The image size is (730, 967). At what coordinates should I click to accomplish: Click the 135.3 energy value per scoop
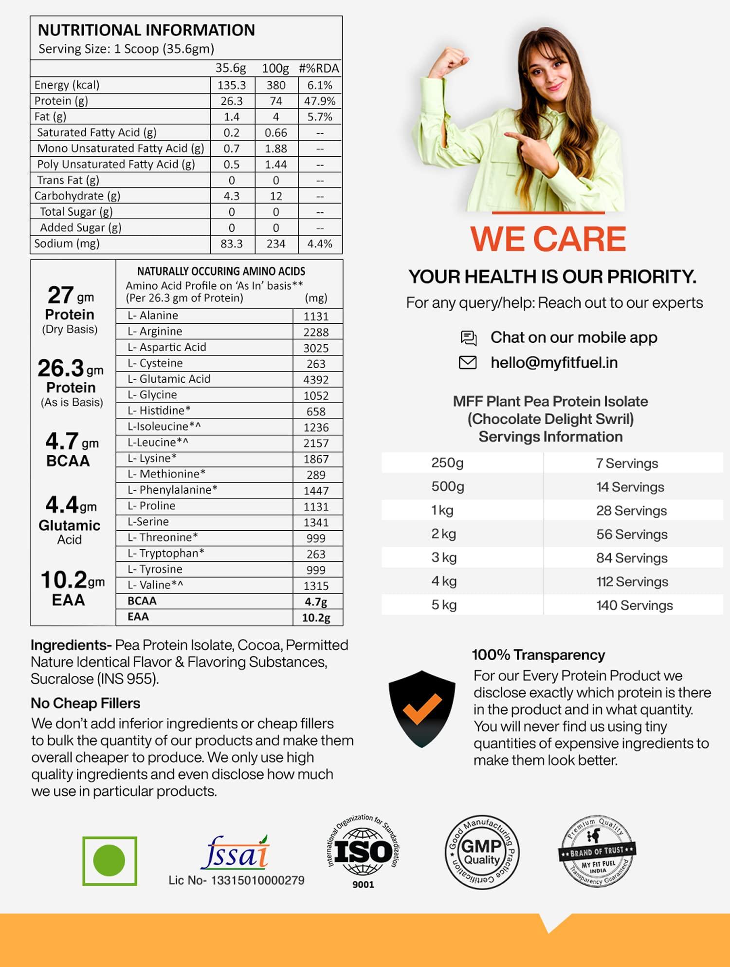point(232,85)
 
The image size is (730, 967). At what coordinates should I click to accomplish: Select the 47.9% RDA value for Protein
point(320,101)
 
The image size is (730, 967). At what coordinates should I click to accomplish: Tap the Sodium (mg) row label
point(67,243)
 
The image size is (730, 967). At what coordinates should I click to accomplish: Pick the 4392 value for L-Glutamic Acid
point(316,380)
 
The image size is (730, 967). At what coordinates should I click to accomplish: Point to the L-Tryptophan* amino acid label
point(165,553)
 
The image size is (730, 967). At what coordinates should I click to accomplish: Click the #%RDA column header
point(319,69)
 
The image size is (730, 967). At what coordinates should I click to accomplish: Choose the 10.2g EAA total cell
point(316,618)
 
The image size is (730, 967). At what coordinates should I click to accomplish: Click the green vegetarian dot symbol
point(109,861)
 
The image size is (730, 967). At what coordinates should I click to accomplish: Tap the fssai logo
point(236,853)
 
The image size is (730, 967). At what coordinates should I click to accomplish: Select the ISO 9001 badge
point(363,852)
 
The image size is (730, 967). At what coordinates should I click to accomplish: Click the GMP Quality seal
point(482,853)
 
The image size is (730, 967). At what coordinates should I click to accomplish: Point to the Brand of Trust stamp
point(597,851)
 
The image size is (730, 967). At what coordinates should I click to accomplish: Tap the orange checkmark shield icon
point(422,708)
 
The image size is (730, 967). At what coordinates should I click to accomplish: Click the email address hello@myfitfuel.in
point(554,363)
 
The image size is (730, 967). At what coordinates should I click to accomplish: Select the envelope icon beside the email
point(468,362)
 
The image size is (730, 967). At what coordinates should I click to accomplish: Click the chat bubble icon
point(468,337)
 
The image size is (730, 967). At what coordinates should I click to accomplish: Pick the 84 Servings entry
point(632,558)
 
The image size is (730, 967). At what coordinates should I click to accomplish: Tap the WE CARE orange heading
point(548,239)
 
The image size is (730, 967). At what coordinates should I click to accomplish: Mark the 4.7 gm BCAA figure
point(72,448)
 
